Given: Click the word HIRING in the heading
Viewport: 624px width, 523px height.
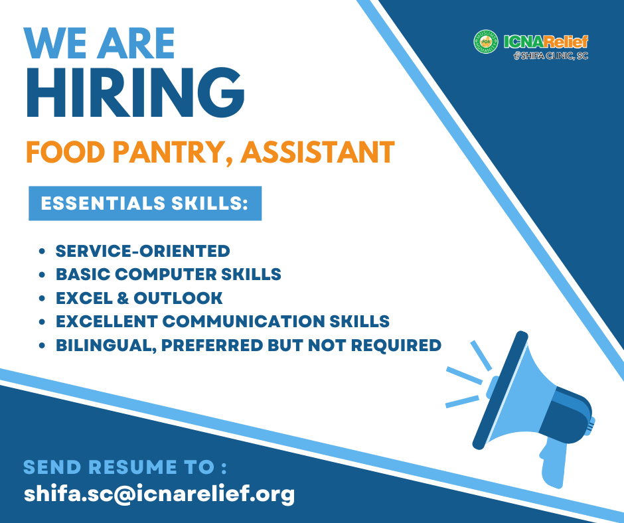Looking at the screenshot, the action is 135,93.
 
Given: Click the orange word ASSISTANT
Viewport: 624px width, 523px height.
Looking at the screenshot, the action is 317,152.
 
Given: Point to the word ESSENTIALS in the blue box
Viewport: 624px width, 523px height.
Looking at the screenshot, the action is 103,203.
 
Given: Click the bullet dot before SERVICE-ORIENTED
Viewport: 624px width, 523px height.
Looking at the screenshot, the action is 42,252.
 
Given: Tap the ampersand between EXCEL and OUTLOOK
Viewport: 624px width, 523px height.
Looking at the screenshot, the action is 123,298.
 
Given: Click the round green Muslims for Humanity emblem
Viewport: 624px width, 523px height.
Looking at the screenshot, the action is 485,42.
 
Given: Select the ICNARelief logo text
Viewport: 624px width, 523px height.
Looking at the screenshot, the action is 546,42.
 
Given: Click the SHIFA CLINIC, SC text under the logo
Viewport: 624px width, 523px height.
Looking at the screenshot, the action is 551,56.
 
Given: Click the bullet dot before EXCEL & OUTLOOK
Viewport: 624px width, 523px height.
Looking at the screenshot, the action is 42,299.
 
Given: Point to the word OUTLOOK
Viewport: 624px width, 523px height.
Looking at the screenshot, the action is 178,298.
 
